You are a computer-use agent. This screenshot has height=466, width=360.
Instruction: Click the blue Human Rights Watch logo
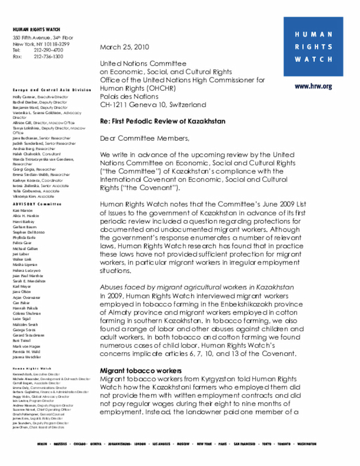point(313,47)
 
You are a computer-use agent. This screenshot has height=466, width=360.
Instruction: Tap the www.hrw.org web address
point(313,87)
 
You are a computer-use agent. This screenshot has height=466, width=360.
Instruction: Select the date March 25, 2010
point(124,47)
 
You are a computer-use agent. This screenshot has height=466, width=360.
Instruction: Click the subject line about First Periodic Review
point(163,121)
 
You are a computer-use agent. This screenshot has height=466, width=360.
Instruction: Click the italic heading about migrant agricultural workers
point(196,287)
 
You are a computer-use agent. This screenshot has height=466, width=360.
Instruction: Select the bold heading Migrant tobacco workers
point(141,371)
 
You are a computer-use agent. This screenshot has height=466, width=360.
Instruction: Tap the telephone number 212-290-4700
point(48,50)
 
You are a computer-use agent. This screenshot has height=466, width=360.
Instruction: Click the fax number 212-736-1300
point(48,56)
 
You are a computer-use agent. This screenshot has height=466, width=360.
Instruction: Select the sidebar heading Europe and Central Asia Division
point(51,90)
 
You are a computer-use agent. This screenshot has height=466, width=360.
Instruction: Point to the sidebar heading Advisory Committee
point(37,203)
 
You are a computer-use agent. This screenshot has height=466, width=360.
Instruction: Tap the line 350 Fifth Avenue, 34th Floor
point(43,38)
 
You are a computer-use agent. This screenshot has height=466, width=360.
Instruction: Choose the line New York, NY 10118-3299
point(42,44)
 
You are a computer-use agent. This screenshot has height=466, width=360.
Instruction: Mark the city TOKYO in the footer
point(267,444)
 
